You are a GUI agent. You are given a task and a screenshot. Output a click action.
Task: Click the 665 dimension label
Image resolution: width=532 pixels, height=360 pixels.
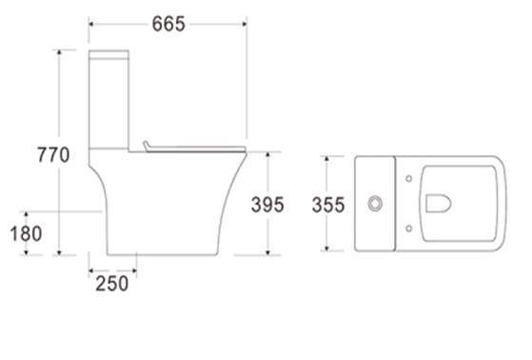[x=168, y=24]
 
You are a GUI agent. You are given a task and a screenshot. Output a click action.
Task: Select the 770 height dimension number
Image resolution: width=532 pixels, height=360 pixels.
[x=53, y=155]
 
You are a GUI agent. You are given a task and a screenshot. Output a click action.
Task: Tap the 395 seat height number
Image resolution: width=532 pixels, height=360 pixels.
[x=267, y=205]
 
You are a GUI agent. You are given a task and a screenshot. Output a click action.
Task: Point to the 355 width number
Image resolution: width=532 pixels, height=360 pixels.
[x=328, y=205]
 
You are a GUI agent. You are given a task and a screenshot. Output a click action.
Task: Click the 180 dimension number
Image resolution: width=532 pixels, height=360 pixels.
[x=26, y=233]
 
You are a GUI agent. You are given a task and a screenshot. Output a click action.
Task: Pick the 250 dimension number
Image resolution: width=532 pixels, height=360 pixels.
[x=112, y=283]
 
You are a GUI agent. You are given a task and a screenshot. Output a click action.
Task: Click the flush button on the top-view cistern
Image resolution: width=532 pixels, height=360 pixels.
[x=375, y=204]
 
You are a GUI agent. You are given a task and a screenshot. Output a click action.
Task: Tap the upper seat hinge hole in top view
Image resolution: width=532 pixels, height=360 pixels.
[x=409, y=179]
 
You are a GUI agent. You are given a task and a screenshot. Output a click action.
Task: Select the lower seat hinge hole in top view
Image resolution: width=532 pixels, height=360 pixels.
[x=409, y=229]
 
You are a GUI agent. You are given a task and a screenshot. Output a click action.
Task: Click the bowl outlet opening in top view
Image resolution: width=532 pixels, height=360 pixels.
[x=438, y=204]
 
